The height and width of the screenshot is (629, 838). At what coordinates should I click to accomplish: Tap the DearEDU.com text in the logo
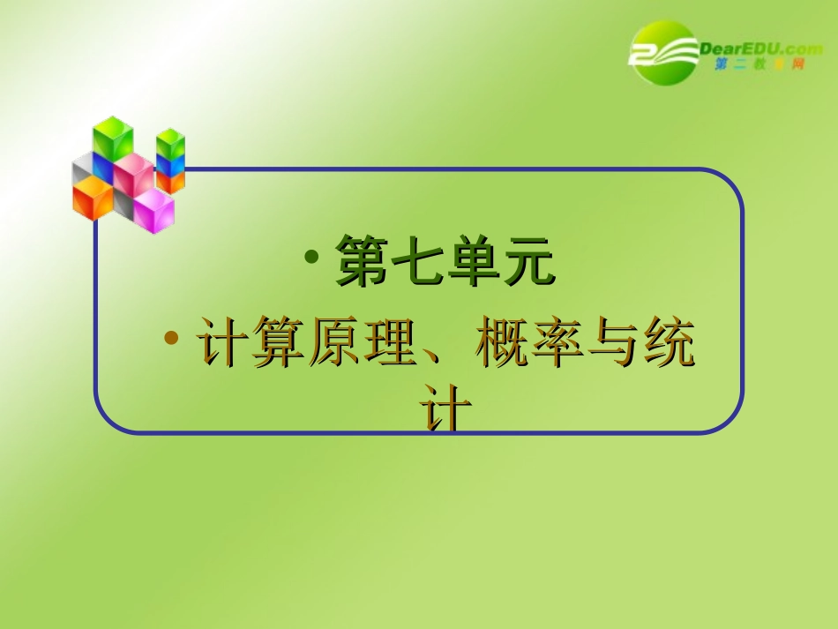[x=759, y=49]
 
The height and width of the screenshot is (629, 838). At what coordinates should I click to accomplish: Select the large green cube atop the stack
[x=114, y=139]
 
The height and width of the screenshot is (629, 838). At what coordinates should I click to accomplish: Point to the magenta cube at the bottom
[x=153, y=210]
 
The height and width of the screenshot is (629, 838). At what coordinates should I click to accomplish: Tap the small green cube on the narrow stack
[x=169, y=143]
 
